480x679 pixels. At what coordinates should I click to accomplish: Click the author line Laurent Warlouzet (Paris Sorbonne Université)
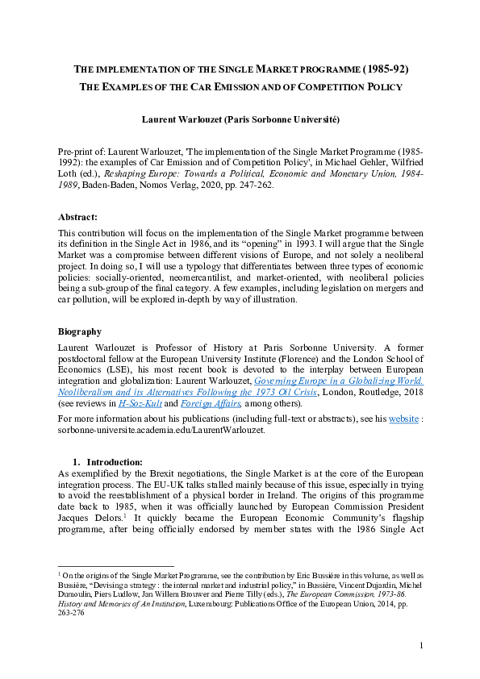tap(240, 119)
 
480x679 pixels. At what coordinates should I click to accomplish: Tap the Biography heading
tap(81, 331)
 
